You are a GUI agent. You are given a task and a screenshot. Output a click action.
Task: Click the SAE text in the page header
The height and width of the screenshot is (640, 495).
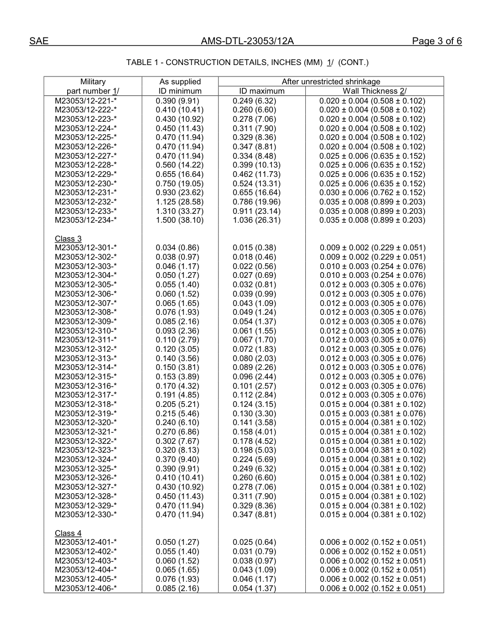39,42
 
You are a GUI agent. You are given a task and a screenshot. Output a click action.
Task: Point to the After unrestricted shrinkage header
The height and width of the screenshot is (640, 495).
331,82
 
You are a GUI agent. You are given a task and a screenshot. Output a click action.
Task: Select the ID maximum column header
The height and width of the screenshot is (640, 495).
262,91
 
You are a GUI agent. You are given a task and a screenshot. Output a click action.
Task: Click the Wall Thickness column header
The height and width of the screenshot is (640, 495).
374,91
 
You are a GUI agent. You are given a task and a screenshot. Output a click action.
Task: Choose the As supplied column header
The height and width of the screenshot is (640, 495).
180,82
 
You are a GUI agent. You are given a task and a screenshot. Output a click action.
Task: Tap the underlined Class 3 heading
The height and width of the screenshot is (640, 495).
68,239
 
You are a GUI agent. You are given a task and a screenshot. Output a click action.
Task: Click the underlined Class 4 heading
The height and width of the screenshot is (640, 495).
68,533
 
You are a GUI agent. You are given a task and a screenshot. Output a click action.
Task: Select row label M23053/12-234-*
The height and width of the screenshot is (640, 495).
86,220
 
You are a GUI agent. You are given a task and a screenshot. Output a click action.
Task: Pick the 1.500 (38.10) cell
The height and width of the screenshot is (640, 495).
180,220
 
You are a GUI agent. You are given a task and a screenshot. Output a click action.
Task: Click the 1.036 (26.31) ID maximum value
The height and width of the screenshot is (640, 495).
256,220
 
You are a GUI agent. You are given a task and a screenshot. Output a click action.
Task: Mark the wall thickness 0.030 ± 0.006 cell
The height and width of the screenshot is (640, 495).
373,193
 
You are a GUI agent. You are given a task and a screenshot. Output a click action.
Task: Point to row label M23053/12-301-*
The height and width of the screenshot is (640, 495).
86,248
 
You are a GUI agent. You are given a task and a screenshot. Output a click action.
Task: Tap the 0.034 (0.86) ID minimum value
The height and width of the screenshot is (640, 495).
177,248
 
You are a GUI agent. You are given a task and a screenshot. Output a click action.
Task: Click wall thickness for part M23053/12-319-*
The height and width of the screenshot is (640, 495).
373,414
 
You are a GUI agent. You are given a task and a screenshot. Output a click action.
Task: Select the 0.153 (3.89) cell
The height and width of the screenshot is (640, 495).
177,377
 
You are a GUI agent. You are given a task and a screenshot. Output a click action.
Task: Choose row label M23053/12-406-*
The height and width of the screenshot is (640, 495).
86,588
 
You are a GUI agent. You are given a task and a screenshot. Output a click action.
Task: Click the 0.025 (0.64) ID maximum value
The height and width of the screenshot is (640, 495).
254,542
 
